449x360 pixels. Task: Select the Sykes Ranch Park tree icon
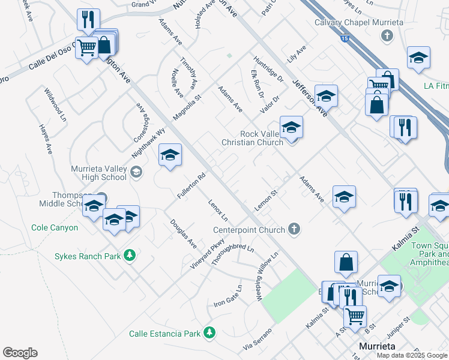click(x=129, y=256)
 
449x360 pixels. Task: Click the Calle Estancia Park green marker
click(x=209, y=332)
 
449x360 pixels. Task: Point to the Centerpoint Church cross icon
click(x=294, y=229)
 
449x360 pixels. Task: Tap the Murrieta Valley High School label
click(x=99, y=173)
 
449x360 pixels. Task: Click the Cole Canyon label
click(x=55, y=228)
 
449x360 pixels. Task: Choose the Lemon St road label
click(x=267, y=199)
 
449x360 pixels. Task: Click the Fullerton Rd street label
click(x=191, y=187)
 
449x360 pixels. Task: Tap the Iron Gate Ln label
click(x=228, y=296)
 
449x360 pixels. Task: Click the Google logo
click(x=20, y=353)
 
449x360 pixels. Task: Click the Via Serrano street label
click(x=258, y=340)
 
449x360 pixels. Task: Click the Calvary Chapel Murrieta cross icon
click(x=387, y=35)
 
